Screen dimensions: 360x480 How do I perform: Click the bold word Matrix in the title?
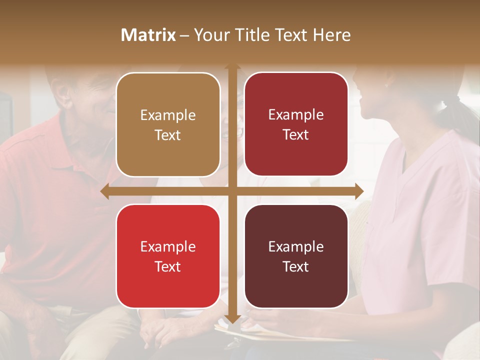tap(148, 35)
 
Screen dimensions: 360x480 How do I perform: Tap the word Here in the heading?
tap(331, 35)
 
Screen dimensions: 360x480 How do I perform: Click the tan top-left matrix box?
tap(168, 124)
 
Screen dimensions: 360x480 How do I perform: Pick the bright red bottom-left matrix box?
tap(168, 256)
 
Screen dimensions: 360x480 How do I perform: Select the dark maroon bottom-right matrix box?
tap(296, 256)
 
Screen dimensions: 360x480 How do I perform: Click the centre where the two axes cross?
tap(232, 191)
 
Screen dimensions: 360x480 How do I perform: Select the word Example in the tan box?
tap(168, 115)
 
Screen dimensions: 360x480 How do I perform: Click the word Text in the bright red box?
tap(168, 266)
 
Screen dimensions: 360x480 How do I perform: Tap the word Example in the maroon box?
tap(296, 246)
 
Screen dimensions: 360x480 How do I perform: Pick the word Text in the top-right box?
tap(296, 134)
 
